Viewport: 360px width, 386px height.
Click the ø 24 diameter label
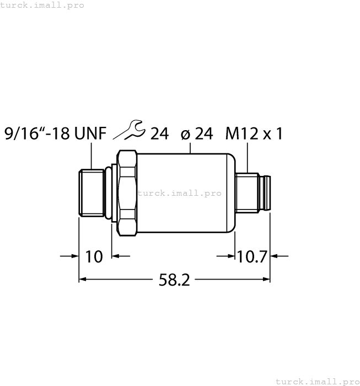tap(197, 134)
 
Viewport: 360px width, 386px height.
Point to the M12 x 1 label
tap(254, 134)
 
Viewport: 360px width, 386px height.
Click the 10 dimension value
tap(95, 256)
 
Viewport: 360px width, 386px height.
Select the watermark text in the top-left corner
tap(42, 5)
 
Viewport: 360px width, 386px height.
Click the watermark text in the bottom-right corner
tap(316, 381)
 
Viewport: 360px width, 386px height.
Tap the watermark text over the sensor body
tap(179, 193)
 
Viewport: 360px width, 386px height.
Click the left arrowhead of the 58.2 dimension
tap(83, 280)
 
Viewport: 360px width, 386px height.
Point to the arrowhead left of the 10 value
tap(76, 256)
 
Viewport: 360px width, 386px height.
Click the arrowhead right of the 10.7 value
tap(274, 256)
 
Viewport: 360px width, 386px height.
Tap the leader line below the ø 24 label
tap(191, 147)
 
